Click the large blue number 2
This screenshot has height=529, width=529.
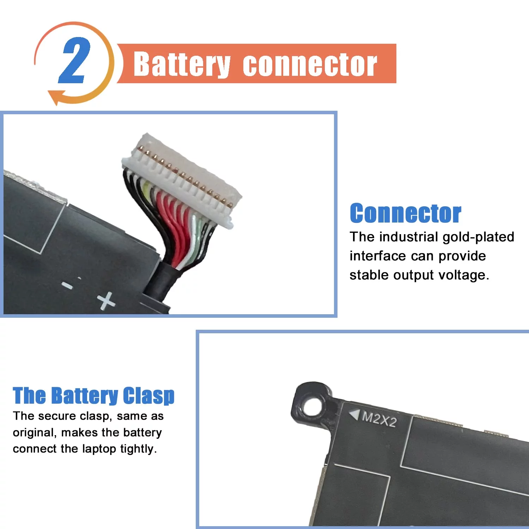[x=74, y=60]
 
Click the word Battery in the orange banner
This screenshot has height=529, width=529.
[x=182, y=64]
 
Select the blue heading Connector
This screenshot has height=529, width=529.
[x=405, y=213]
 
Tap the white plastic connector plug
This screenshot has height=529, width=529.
[x=182, y=180]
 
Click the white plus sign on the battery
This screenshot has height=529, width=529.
[x=106, y=301]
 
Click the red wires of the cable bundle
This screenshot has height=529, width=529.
[x=174, y=226]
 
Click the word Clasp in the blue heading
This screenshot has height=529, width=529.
[x=148, y=396]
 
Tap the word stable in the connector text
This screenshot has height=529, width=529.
[x=369, y=275]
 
